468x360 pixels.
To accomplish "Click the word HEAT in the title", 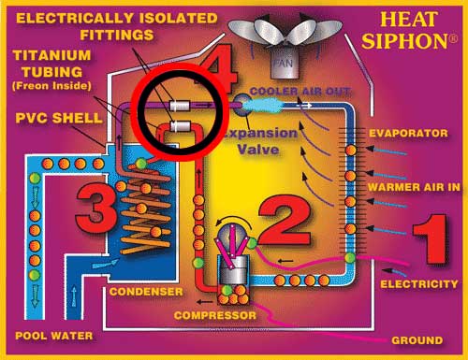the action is (417, 20).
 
